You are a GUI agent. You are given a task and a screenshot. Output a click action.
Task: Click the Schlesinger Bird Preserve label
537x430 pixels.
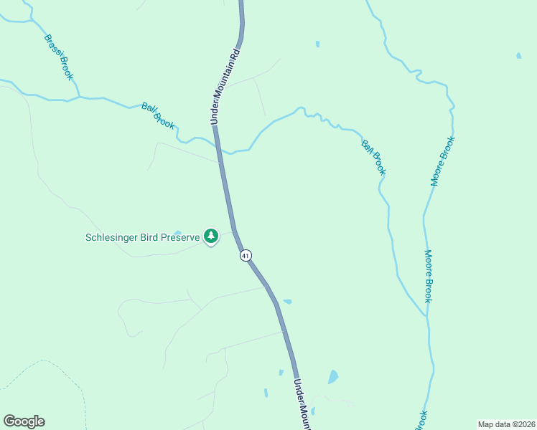pos(142,237)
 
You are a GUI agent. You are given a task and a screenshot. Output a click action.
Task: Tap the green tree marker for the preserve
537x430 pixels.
pos(211,235)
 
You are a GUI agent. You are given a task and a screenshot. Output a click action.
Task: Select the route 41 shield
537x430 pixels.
pos(246,255)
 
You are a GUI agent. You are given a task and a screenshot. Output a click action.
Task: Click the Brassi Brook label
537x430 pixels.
pos(58,57)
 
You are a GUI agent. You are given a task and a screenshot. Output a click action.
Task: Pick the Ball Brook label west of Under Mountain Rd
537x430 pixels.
pos(158,115)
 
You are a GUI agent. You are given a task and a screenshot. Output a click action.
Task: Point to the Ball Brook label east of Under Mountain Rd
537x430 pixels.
pos(374,158)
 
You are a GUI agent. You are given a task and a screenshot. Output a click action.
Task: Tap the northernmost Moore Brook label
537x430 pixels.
pos(442,161)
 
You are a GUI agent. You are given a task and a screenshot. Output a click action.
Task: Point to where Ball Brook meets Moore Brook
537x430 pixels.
pos(427,317)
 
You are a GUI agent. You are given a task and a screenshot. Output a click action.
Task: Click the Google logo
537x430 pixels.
pos(24,421)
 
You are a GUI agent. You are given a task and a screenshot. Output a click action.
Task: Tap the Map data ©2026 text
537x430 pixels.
pos(506,424)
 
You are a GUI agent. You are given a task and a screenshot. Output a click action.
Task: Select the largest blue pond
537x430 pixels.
pos(332,377)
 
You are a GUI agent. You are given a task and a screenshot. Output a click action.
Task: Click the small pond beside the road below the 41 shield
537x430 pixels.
pos(287,302)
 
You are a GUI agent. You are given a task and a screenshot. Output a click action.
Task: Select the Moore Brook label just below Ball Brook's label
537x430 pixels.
pos(428,276)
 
